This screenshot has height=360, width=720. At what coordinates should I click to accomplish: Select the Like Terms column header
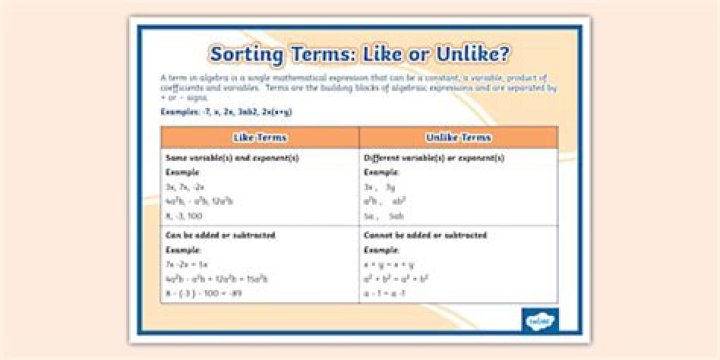259,137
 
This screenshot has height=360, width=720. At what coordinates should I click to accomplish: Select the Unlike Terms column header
458,137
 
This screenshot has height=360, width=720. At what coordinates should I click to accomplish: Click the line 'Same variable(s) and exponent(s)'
218,158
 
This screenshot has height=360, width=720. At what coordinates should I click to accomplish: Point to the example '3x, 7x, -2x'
185,186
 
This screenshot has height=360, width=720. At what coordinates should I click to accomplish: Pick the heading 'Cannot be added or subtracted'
425,235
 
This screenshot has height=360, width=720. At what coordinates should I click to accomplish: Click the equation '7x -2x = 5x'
187,264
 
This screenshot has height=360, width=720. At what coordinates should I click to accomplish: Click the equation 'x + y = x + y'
389,264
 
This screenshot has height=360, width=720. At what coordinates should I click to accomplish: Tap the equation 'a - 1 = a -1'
386,293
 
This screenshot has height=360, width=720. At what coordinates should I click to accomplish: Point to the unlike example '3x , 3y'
380,186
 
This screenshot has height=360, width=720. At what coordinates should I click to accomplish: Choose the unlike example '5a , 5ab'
384,214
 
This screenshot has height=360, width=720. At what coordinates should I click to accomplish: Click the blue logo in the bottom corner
539,320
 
